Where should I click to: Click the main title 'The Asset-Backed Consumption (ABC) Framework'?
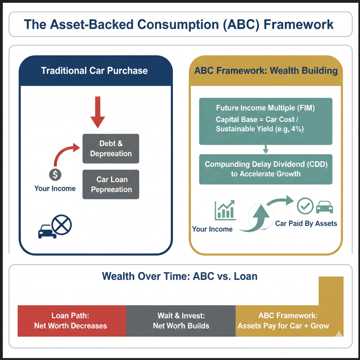tap(179, 24)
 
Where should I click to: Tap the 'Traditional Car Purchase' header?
tap(94, 71)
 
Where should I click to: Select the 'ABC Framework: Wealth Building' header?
tap(266, 71)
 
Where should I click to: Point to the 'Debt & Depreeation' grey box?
tap(111, 148)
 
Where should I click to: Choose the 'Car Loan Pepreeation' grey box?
tap(111, 184)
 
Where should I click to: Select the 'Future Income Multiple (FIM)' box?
tap(266, 122)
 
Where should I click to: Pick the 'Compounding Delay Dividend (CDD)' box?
tap(266, 169)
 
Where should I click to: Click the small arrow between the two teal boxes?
tap(266, 149)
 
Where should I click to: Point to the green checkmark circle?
tap(305, 206)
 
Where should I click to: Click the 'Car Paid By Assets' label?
tap(306, 224)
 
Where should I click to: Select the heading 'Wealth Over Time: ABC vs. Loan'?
tap(179, 276)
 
